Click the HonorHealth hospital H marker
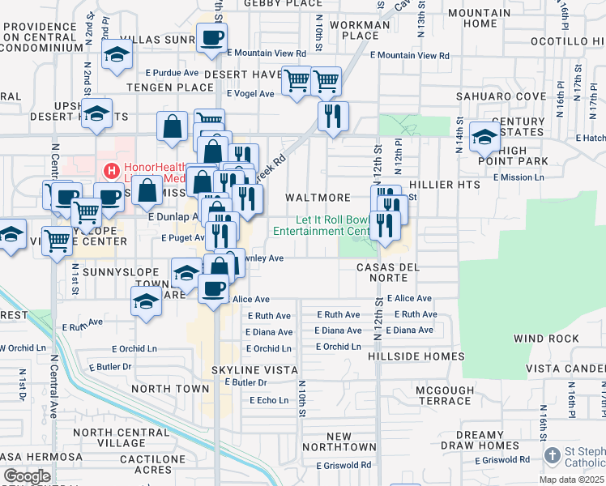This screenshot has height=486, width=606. point(112,171)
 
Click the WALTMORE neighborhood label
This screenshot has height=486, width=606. point(318,198)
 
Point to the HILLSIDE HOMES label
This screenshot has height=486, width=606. point(416,356)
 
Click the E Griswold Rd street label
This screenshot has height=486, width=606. point(344,465)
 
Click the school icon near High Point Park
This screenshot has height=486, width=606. point(484,138)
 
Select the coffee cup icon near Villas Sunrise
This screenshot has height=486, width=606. point(211,39)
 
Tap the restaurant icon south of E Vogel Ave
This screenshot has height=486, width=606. point(333,117)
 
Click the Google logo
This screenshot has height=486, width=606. point(28,476)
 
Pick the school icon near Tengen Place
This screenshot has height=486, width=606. point(117,55)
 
